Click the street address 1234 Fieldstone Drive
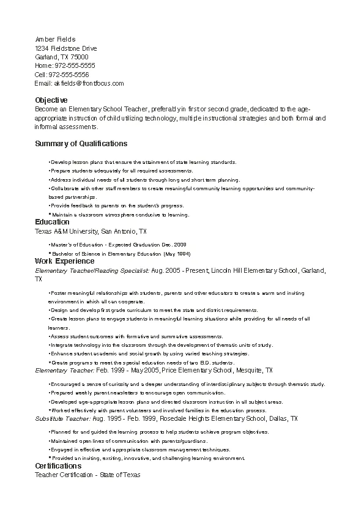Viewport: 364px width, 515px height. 66,48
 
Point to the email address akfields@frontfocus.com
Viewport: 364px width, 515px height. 89,83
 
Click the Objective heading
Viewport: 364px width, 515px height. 51,100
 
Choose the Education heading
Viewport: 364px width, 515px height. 53,222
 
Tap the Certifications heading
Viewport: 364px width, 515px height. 58,466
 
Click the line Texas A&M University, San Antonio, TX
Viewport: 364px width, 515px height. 91,232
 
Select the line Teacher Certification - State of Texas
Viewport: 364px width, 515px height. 87,475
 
